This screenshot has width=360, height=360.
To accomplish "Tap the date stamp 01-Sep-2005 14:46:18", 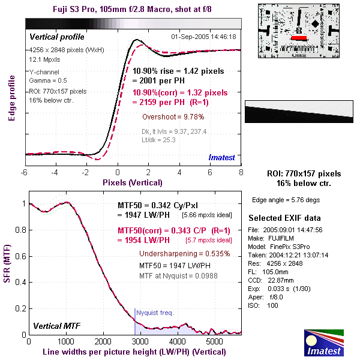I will click(x=204, y=37).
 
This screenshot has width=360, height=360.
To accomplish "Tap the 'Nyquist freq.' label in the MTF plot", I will click(x=155, y=313).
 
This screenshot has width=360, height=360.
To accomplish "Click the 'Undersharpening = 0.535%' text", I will click(x=184, y=253).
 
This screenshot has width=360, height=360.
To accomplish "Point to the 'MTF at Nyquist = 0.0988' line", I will click(x=178, y=274).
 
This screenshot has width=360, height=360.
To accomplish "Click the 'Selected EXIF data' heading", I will click(x=285, y=217).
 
